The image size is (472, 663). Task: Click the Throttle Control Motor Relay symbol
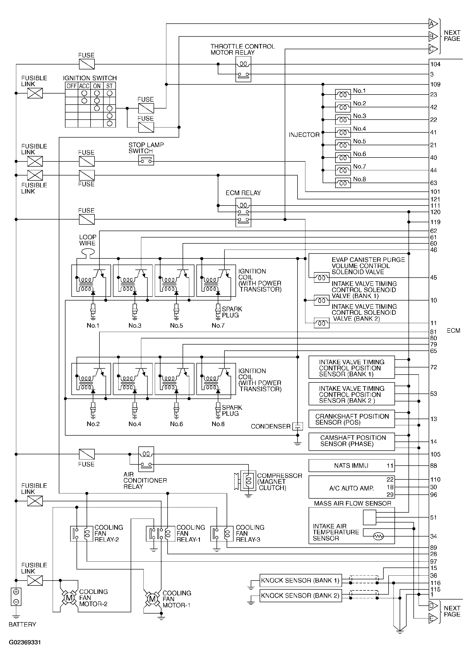[243, 69]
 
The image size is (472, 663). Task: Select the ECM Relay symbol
[243, 212]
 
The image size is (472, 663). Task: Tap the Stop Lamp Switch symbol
[146, 160]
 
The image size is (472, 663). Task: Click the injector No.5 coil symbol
[343, 145]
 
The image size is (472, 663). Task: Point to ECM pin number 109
[435, 85]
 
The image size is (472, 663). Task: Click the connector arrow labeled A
[433, 24]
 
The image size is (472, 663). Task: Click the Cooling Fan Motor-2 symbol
[69, 598]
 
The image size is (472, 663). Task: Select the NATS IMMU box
[351, 466]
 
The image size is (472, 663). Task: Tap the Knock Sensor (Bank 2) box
[300, 596]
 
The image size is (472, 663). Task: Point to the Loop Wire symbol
[87, 252]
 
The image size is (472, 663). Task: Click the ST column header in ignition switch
[109, 86]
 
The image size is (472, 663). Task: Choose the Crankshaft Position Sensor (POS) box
[351, 419]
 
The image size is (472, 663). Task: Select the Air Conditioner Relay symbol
[146, 459]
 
